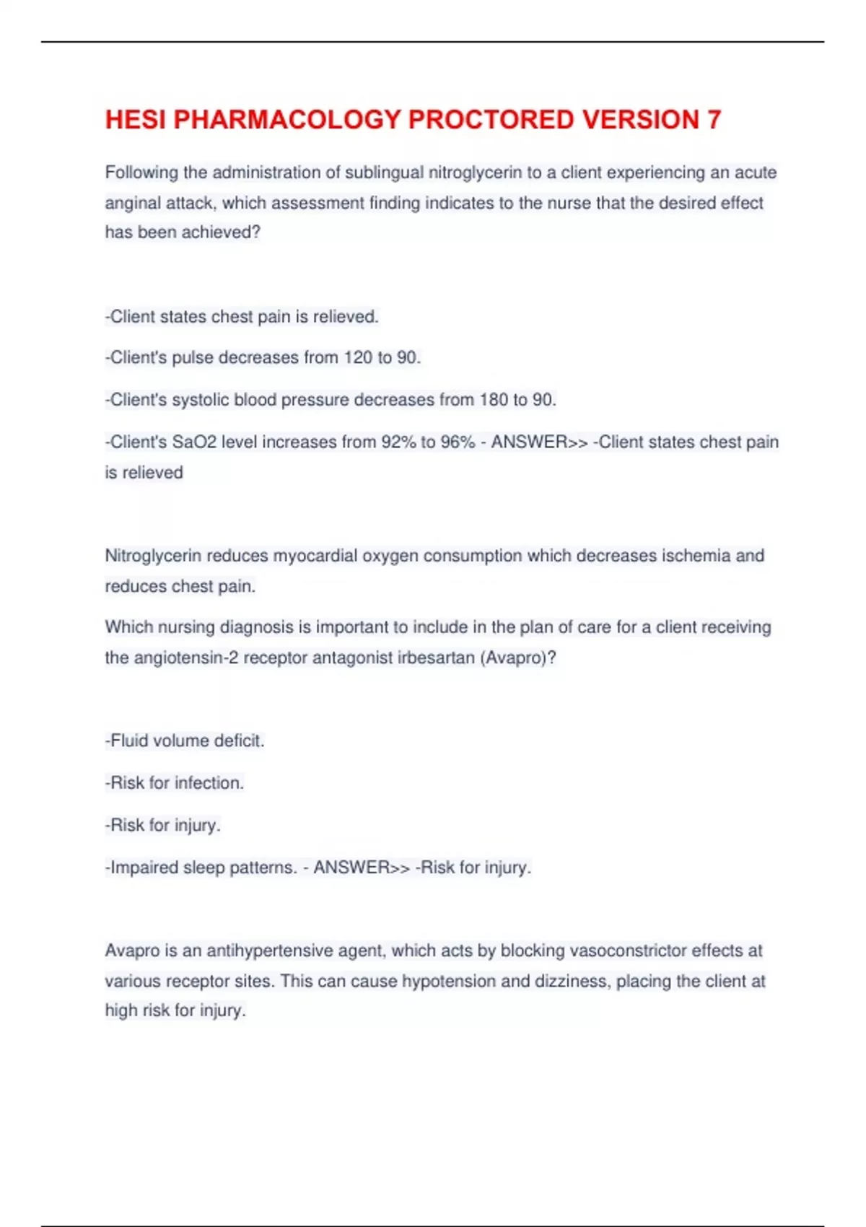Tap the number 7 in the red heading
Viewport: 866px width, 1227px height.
[x=713, y=120]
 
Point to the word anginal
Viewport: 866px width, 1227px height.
[x=133, y=204]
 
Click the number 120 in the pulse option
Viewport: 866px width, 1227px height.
[x=358, y=358]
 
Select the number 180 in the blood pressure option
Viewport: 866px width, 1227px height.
[x=494, y=400]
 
